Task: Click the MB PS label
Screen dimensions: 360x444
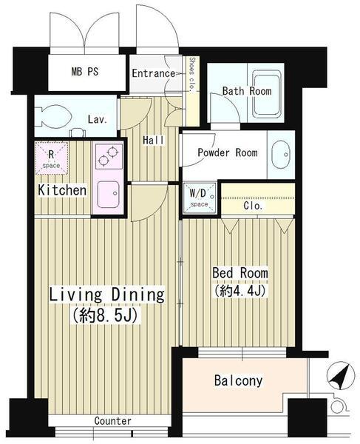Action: coord(85,71)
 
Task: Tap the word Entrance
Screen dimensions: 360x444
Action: coord(154,73)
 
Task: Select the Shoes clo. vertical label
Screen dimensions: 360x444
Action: coord(192,75)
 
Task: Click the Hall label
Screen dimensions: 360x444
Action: coord(153,140)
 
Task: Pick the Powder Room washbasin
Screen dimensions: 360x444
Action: coord(281,155)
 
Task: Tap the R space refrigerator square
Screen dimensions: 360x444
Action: coord(52,158)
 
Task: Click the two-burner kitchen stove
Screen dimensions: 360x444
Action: coord(109,157)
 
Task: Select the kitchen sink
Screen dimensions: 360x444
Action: coord(109,194)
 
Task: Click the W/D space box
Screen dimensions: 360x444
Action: coord(200,198)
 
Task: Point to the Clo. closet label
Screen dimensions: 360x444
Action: coord(253,206)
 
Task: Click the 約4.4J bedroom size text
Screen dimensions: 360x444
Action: coord(240,291)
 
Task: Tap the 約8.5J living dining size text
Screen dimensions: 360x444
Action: coord(105,315)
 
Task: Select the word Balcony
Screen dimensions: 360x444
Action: coord(238,381)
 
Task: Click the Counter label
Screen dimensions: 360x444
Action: coord(113,421)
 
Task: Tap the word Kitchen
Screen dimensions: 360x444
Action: coord(62,190)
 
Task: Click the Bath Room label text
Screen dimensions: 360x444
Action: coord(247,91)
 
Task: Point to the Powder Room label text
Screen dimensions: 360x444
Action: coord(228,152)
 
